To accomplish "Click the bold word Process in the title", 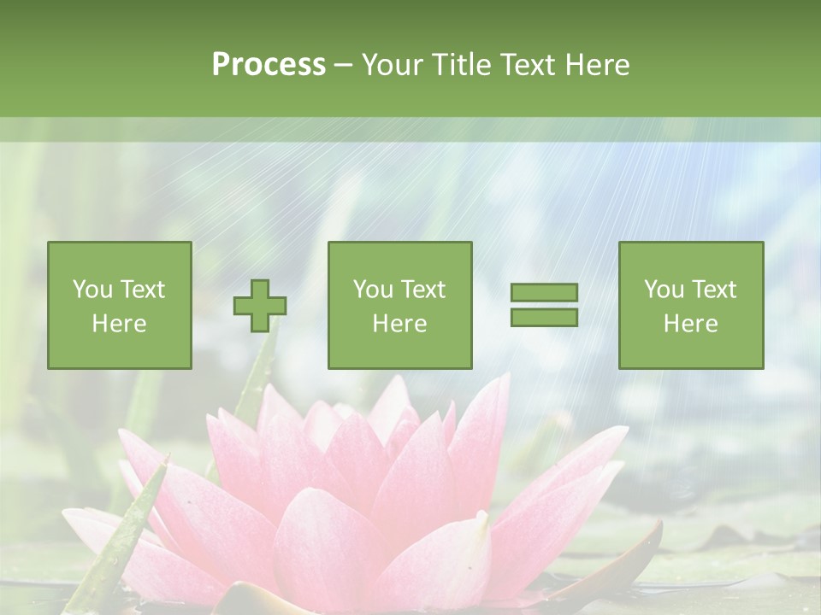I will coord(269,65).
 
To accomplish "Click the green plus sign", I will coord(260,305).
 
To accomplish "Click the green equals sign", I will coord(544,305).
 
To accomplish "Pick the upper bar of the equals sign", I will coord(544,293).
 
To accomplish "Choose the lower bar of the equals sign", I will coord(544,317).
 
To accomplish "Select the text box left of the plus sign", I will coord(120,305).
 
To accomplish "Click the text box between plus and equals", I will coord(399,305).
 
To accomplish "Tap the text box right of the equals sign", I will coord(690,305).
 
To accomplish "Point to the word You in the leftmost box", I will coord(92,290).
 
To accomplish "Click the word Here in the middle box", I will coord(399,324).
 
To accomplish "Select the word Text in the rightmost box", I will coord(713,290).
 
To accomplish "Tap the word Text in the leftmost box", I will coord(142,290).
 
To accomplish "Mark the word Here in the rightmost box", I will coord(690,324).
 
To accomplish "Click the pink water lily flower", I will coord(368,495).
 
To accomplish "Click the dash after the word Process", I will coord(343,65).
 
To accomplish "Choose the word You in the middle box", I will coord(373,290).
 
